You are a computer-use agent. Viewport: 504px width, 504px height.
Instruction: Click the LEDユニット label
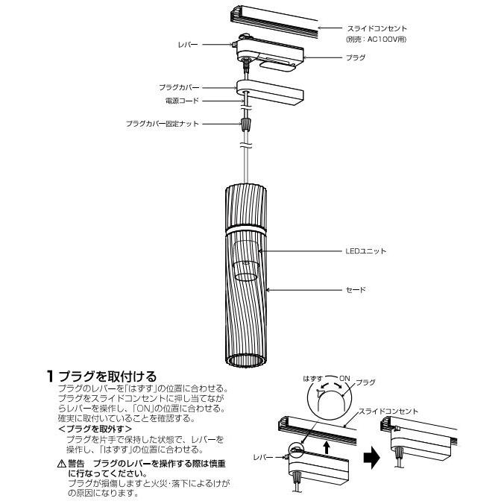(x=366, y=251)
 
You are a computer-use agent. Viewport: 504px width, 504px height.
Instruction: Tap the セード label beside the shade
(x=355, y=290)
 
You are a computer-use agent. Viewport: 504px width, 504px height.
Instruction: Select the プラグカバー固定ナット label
(x=163, y=123)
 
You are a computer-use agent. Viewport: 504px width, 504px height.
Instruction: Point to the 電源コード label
(x=181, y=100)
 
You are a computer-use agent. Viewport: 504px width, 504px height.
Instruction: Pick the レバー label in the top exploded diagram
(x=188, y=45)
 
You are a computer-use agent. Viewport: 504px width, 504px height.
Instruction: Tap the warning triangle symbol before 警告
(x=62, y=464)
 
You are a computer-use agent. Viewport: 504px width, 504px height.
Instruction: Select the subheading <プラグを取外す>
(x=95, y=429)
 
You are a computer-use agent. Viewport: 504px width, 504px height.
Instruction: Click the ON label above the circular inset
(x=344, y=379)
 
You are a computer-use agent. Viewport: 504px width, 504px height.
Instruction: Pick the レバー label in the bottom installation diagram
(x=263, y=455)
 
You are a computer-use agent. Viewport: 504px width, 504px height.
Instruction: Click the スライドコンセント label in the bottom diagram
(x=388, y=411)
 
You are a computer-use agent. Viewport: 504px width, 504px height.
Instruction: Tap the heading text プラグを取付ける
(x=109, y=376)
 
